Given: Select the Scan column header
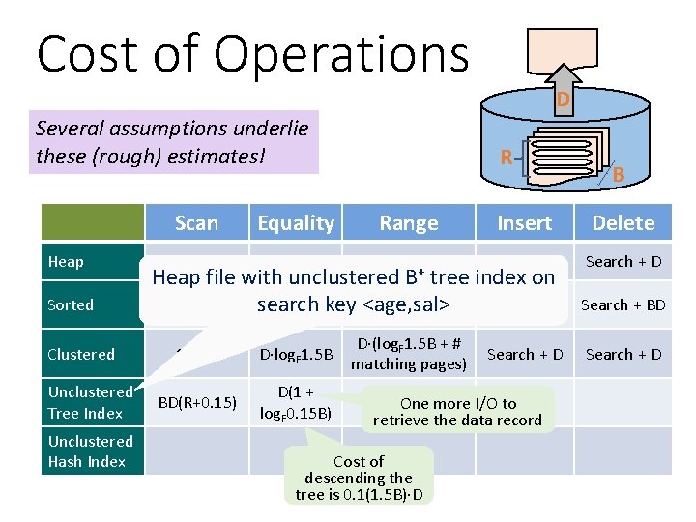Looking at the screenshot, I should click(x=196, y=223).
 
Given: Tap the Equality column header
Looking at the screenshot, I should click(x=296, y=223).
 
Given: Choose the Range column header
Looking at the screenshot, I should click(x=408, y=223).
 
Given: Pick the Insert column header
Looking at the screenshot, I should click(x=524, y=223).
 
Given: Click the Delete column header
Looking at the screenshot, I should click(x=623, y=223).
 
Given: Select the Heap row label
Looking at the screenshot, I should click(x=66, y=262).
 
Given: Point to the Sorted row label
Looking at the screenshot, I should click(x=71, y=304).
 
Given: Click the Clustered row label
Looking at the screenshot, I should click(x=81, y=354).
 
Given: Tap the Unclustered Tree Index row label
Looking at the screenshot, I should click(x=89, y=402).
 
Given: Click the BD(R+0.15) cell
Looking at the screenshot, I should click(x=196, y=402).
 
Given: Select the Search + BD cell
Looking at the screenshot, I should click(x=623, y=304).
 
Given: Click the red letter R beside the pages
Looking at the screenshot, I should click(x=506, y=156).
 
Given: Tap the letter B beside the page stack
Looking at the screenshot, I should click(x=619, y=175).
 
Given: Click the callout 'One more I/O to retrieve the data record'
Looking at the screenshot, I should click(x=458, y=411).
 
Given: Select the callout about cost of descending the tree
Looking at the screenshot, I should click(x=359, y=478).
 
